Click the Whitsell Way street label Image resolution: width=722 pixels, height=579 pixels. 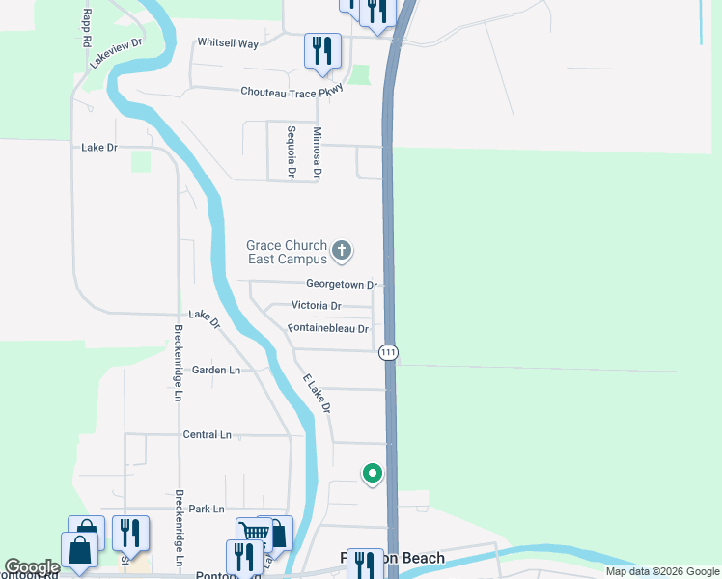[x=228, y=43]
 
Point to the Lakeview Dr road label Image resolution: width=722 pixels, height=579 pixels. [x=116, y=52]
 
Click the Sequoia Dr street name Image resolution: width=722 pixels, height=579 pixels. [x=291, y=152]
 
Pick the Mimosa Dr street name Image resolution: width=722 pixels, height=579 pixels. [x=317, y=152]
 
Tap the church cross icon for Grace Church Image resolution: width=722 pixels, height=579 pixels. [x=341, y=252]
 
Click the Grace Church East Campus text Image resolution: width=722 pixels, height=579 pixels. [x=287, y=253]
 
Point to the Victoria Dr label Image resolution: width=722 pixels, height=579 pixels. [x=317, y=306]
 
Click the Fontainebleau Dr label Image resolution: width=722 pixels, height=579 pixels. [x=328, y=329]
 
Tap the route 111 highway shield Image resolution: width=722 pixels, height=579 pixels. [x=388, y=352]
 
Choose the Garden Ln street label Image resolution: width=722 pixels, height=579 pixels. [x=215, y=370]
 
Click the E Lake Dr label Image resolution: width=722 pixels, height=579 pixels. [x=317, y=394]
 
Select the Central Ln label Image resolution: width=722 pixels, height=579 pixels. [x=208, y=435]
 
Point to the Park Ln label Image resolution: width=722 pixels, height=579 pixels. [x=207, y=509]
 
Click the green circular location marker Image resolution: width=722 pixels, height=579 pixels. [x=371, y=474]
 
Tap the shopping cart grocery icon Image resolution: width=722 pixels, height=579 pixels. [x=254, y=533]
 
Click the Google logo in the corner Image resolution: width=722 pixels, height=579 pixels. [x=32, y=567]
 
